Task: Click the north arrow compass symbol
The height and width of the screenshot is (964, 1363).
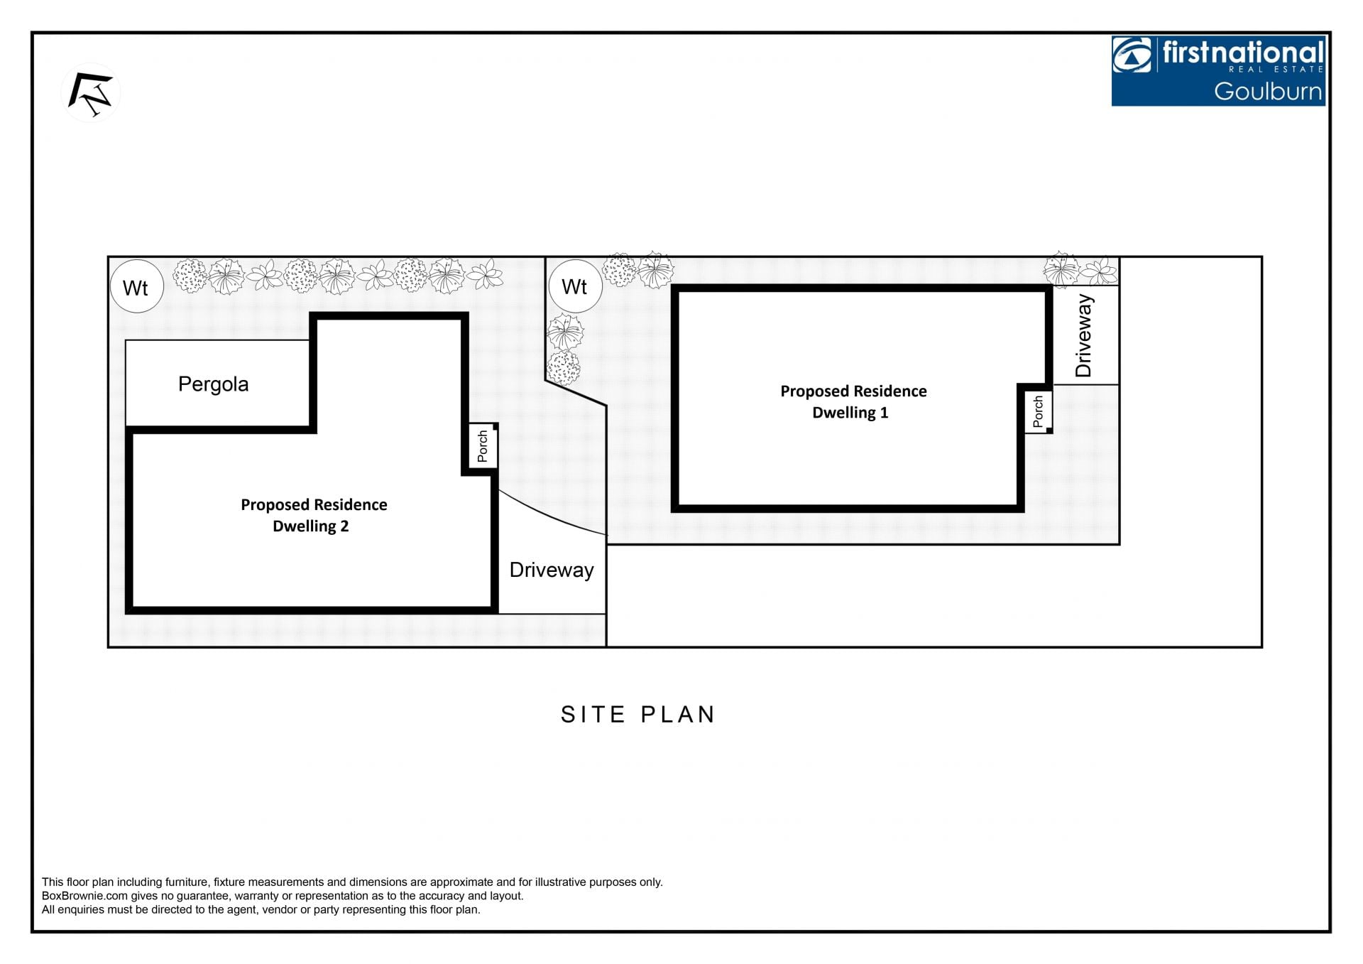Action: click(x=91, y=93)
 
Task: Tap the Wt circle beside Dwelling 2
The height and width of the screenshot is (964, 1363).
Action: click(x=137, y=287)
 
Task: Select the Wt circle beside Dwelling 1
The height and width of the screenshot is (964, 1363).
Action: click(x=576, y=286)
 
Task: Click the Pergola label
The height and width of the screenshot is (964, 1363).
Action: click(x=213, y=384)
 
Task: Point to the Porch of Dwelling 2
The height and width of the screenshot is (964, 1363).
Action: click(x=483, y=446)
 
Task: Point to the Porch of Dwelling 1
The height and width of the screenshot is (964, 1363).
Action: click(x=1038, y=411)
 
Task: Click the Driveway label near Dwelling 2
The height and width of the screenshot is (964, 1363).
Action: click(x=552, y=570)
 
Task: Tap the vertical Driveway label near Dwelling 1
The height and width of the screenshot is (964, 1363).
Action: click(x=1083, y=335)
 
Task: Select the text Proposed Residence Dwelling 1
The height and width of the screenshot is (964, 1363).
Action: click(x=853, y=401)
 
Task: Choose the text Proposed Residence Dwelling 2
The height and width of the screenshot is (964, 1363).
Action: click(x=314, y=515)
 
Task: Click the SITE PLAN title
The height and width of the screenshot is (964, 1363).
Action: click(x=638, y=714)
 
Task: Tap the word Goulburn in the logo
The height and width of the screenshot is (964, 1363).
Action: click(x=1268, y=91)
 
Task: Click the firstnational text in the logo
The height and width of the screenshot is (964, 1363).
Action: click(x=1243, y=53)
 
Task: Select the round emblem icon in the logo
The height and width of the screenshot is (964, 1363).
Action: click(x=1132, y=55)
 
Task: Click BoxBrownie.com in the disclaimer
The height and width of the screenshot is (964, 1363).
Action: click(x=84, y=896)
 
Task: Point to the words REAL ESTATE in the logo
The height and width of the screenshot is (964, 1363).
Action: click(x=1276, y=69)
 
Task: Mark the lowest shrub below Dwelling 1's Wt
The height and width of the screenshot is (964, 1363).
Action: click(x=563, y=368)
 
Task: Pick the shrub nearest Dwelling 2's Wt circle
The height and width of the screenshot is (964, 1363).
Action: click(x=190, y=276)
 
